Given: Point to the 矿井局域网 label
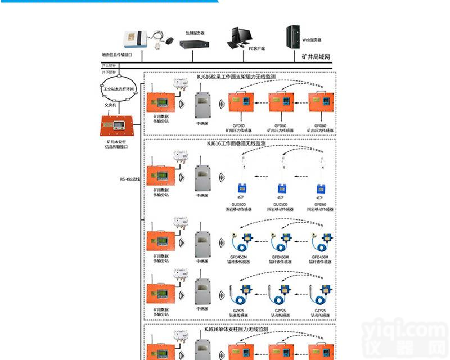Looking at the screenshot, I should (314, 57).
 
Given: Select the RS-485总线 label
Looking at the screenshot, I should (129, 179).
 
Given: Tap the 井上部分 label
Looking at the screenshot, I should (109, 66).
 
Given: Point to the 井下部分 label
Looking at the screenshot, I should (109, 73).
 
